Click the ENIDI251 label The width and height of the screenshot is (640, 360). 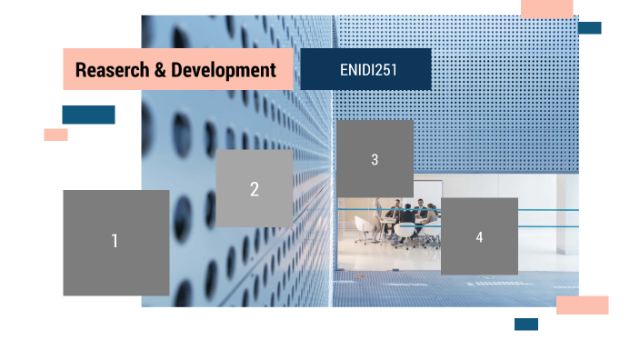tap(365, 69)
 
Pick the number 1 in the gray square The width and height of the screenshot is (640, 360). tap(115, 241)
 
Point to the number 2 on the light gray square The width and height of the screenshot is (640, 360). tap(255, 189)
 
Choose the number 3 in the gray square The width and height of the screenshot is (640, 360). tap(375, 160)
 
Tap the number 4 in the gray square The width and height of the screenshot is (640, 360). tap(479, 237)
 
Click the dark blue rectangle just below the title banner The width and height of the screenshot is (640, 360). tap(88, 115)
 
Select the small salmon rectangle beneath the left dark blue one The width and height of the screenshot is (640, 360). tap(55, 135)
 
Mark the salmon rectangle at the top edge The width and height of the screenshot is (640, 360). tap(547, 8)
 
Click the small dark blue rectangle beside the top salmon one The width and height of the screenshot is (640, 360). tap(589, 28)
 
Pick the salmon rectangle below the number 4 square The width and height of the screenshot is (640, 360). tap(582, 305)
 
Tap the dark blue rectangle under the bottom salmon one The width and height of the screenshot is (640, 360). tap(525, 325)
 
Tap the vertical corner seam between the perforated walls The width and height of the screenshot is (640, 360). tap(333, 91)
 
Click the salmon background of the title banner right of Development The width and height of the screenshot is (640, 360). tap(285, 70)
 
